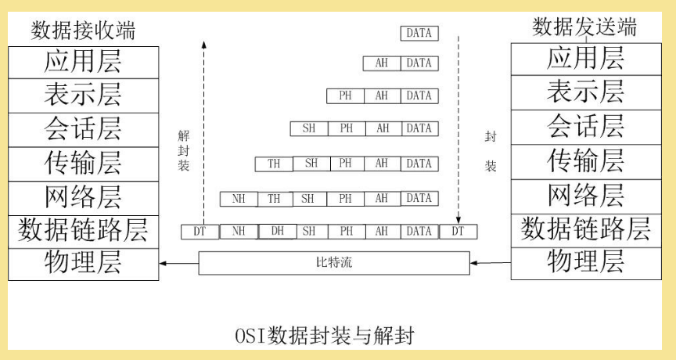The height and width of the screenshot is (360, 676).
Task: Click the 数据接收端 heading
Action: [x=83, y=31]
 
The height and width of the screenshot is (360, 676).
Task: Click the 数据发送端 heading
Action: [x=584, y=27]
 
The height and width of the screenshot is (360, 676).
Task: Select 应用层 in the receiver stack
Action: [x=83, y=61]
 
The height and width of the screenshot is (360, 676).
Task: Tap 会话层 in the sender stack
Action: [x=585, y=126]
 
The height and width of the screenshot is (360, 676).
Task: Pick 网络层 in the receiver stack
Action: [x=83, y=197]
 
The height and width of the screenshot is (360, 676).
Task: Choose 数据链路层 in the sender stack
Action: [x=585, y=229]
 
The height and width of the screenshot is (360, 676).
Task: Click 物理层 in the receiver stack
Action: [x=83, y=262]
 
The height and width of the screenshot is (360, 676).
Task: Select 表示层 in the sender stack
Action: [x=585, y=92]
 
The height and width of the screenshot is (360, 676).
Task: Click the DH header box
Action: [x=277, y=232]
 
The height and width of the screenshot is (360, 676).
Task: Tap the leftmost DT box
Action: [x=200, y=232]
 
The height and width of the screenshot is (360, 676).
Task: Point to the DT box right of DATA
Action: [x=458, y=232]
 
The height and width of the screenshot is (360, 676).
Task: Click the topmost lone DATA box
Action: [x=419, y=33]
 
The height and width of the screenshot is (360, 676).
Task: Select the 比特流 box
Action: [x=334, y=262]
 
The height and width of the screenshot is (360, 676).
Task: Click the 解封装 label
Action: [x=184, y=150]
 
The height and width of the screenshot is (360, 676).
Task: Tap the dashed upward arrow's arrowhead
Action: [x=204, y=45]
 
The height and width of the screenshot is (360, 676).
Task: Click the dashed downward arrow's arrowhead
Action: [x=458, y=221]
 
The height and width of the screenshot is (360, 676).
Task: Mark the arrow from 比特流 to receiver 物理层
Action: [x=179, y=263]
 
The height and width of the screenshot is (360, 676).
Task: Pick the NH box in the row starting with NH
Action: [x=239, y=199]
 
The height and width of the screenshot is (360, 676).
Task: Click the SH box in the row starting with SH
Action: [x=309, y=128]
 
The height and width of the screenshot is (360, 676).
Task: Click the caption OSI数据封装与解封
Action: [x=325, y=336]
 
